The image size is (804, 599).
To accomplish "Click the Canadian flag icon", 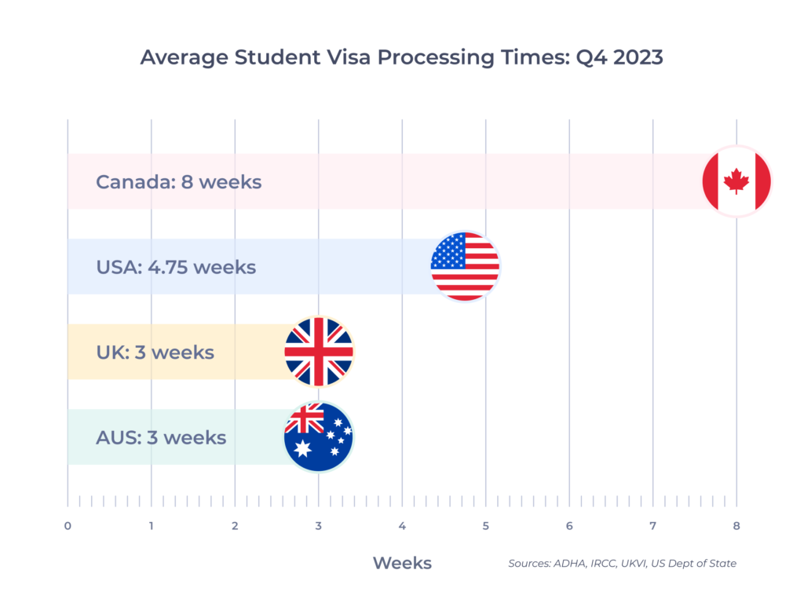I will [x=736, y=181].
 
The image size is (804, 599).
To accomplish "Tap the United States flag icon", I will [x=465, y=267].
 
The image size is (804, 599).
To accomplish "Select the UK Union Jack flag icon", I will [x=319, y=352].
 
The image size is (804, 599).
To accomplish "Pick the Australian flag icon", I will [x=319, y=437].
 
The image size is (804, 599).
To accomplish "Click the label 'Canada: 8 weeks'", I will [x=178, y=182].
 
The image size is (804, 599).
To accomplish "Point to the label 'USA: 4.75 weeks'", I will [x=176, y=267].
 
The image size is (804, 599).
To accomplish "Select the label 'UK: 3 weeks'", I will [x=155, y=352].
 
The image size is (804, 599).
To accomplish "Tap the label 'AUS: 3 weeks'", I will [x=161, y=437].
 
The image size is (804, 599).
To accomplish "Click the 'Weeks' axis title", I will [x=402, y=563].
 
